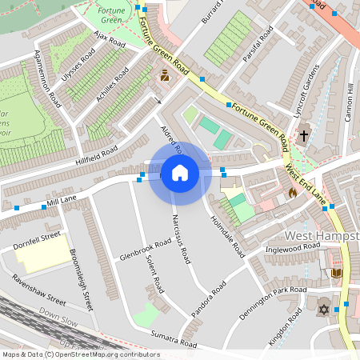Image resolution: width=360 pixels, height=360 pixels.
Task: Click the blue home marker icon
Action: [180, 173]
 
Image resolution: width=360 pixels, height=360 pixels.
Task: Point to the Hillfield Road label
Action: [97, 152]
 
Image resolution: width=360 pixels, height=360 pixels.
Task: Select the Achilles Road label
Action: [113, 84]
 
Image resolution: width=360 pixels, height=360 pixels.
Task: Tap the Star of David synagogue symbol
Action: [324, 309]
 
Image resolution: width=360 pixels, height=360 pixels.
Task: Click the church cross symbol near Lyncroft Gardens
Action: [304, 136]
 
